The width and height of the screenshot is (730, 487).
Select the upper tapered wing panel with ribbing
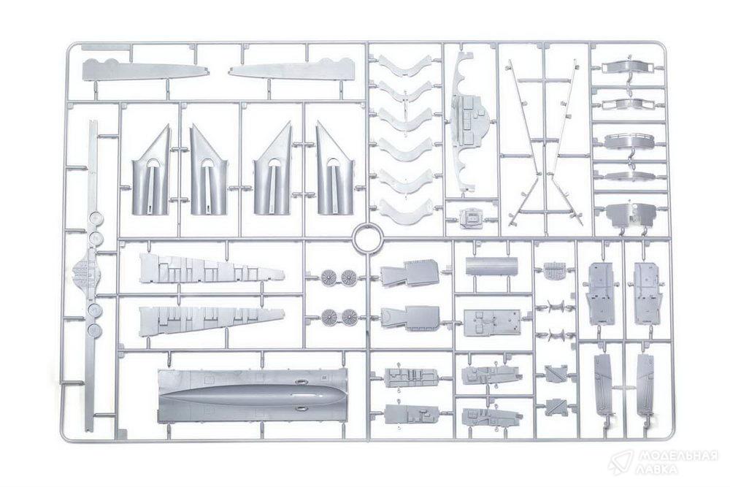211,269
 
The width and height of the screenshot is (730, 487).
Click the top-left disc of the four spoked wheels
328,277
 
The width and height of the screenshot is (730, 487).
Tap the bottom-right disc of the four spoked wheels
349,317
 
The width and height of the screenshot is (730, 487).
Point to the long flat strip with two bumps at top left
145,69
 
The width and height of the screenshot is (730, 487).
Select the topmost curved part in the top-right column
629,66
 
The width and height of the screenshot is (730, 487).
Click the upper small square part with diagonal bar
557,373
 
